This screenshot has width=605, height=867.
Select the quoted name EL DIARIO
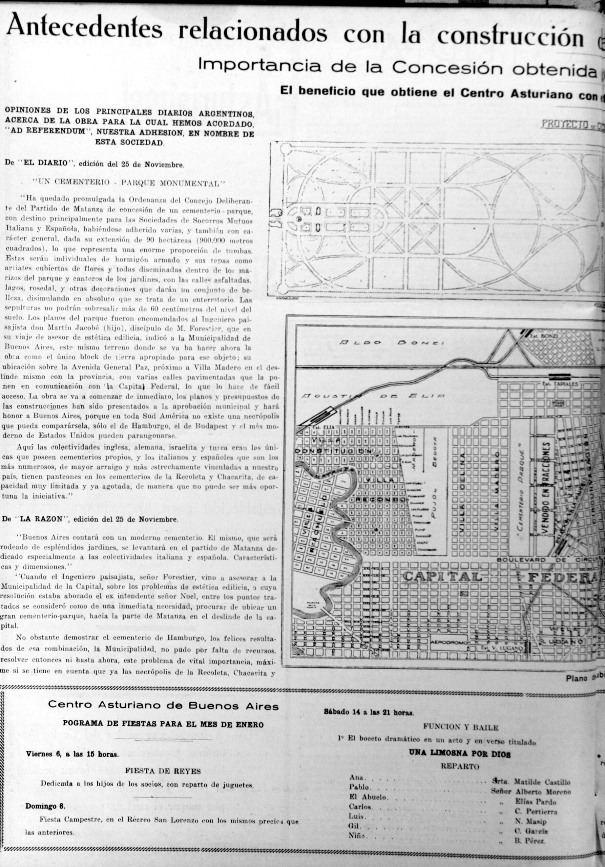tap(49, 164)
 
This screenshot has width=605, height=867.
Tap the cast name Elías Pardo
tap(536, 802)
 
